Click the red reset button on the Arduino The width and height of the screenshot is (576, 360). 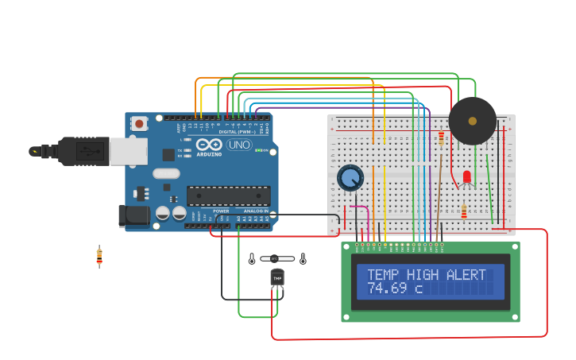(140, 123)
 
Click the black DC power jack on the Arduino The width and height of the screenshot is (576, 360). (133, 215)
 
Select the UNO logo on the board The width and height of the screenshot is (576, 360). (238, 145)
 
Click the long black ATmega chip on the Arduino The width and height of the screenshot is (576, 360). (228, 195)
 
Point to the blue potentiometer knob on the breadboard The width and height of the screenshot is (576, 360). (350, 177)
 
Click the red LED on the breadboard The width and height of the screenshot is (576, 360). (466, 177)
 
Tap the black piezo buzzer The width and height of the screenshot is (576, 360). (472, 121)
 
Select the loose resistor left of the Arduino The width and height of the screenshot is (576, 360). (99, 257)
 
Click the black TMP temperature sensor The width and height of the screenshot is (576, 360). (277, 277)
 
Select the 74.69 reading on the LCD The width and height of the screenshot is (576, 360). (387, 288)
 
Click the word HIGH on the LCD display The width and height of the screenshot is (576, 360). (423, 275)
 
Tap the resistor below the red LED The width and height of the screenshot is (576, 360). (464, 211)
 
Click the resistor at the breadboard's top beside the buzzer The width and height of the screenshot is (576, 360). (441, 138)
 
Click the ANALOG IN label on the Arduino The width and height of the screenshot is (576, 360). (254, 211)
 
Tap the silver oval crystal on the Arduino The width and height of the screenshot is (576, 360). (166, 173)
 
